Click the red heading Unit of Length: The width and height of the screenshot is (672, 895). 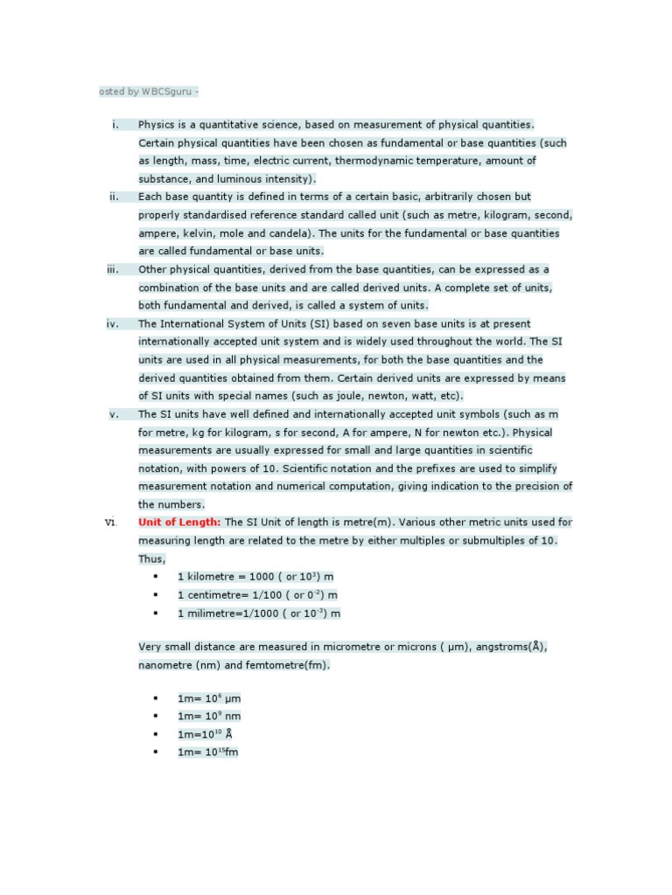point(179,522)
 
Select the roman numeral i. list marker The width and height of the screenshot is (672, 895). point(115,124)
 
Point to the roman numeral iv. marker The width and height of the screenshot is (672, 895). point(113,323)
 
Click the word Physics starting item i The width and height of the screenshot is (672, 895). point(157,124)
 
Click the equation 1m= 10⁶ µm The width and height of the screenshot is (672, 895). point(209,698)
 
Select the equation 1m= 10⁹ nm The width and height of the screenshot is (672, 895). point(209,716)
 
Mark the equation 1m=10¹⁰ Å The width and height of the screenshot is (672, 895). point(205,734)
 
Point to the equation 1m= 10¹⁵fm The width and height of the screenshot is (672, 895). point(208,752)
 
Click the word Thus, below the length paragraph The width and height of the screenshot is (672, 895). point(152,559)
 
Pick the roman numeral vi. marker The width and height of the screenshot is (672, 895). point(111,522)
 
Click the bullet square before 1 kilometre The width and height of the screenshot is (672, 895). point(156,577)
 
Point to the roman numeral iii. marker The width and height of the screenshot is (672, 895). point(113,269)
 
